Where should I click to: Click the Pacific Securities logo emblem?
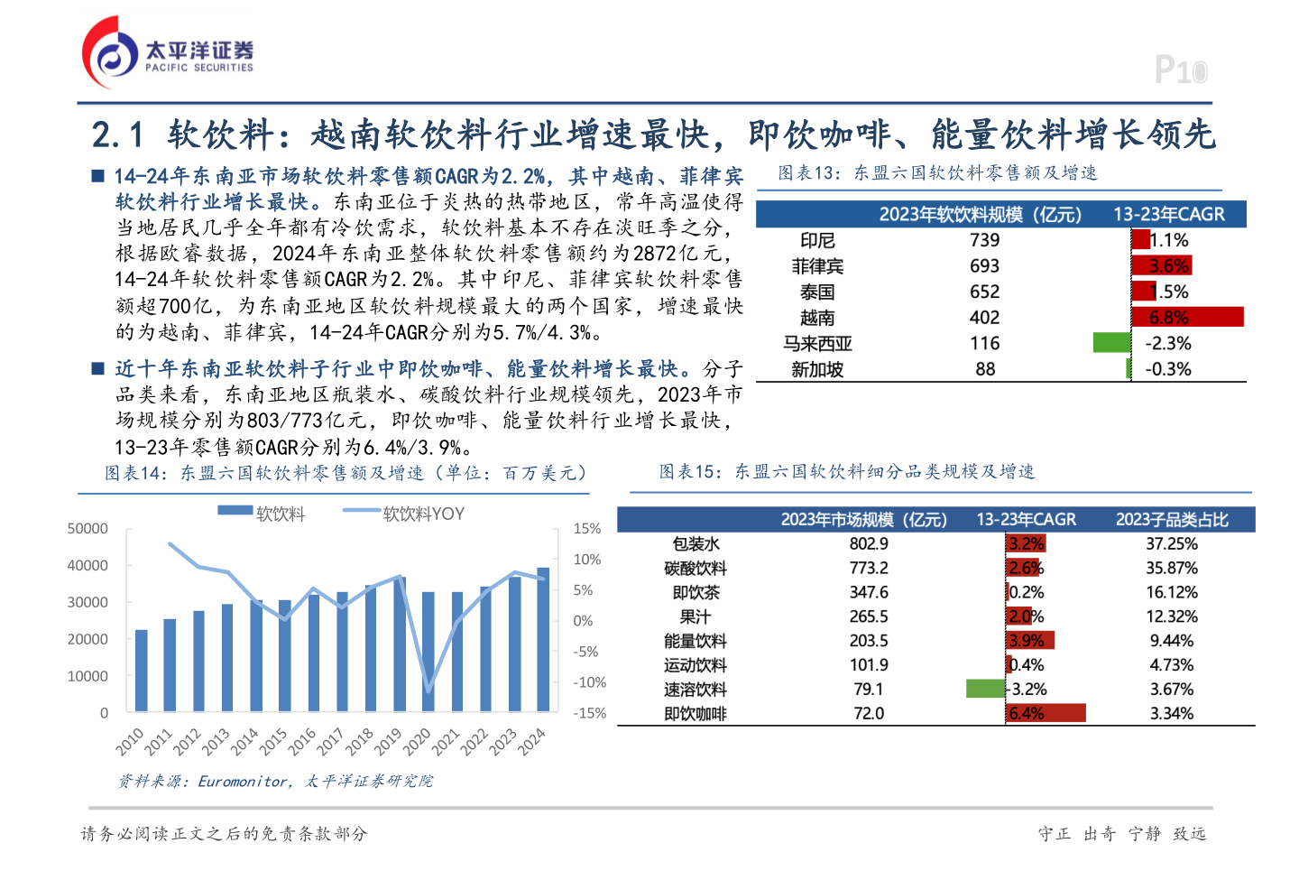110,52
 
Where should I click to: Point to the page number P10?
1180,70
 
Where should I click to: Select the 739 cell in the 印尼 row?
984,240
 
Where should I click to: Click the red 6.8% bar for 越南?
1187,317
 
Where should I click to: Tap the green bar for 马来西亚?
1111,343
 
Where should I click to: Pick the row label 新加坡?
817,369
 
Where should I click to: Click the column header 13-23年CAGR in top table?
1168,214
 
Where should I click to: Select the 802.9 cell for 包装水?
869,543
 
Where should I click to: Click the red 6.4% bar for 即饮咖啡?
1046,713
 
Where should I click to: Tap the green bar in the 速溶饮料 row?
985,689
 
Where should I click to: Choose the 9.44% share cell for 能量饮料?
1171,641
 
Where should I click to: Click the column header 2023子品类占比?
1171,519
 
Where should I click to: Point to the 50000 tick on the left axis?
88,529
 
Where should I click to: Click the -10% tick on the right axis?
590,682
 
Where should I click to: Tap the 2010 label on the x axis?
131,741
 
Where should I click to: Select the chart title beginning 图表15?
846,472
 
